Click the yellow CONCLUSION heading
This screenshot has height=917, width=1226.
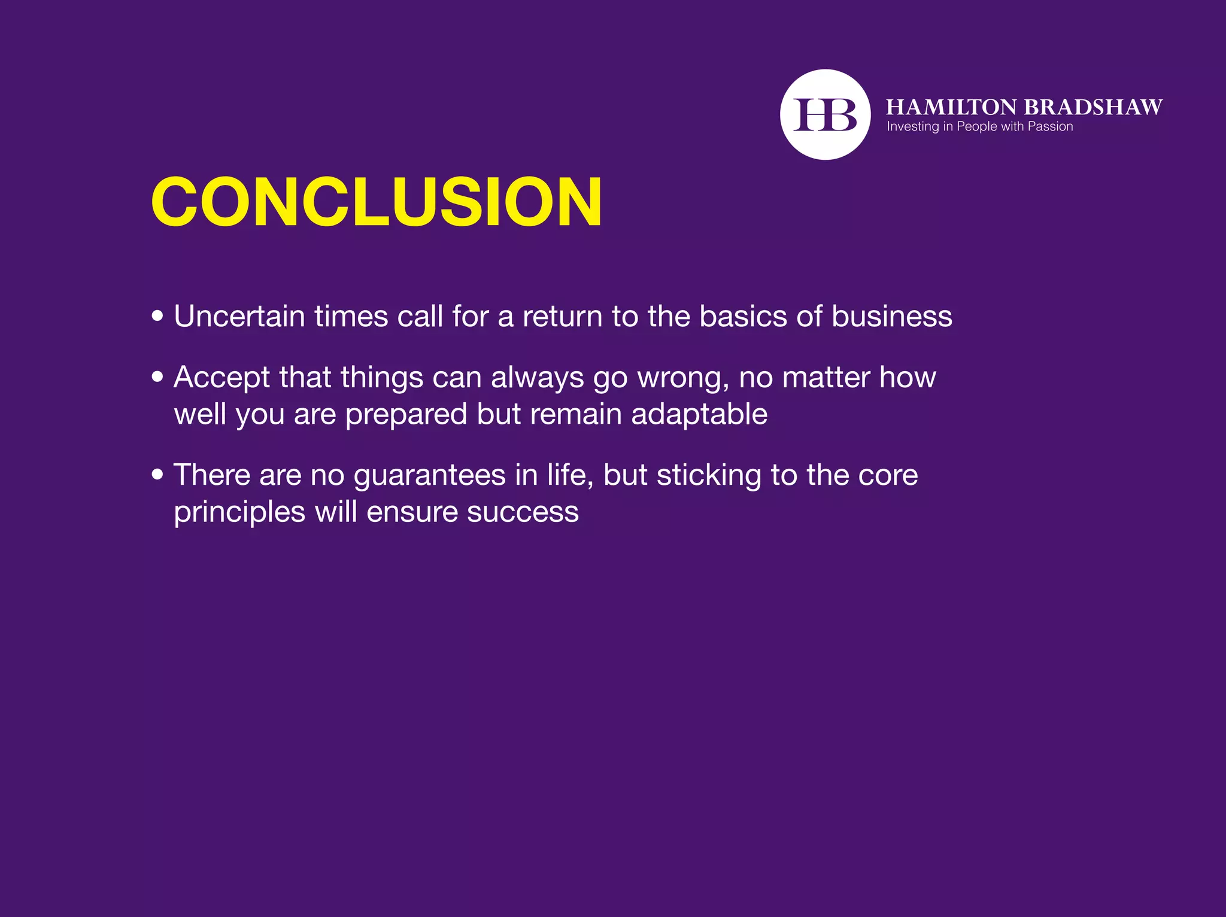(x=376, y=202)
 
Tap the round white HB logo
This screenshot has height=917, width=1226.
(x=825, y=114)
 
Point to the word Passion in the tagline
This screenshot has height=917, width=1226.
(x=1050, y=127)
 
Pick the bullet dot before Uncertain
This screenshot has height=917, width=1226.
(x=157, y=315)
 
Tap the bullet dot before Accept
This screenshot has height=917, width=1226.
(x=157, y=376)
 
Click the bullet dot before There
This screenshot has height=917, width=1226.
(x=157, y=475)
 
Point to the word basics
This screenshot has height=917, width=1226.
(x=743, y=316)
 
